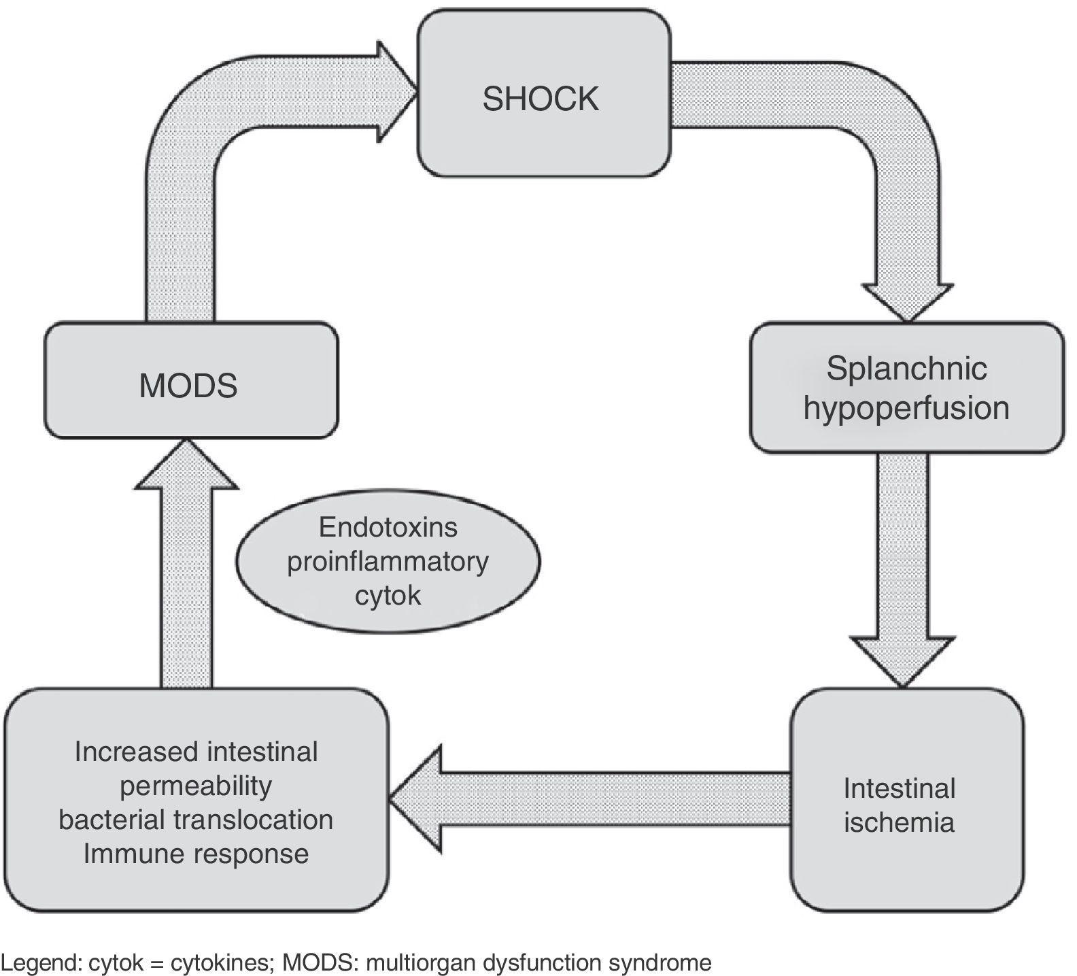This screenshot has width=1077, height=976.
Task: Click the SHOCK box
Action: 543,99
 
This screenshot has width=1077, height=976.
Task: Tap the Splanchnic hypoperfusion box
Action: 906,388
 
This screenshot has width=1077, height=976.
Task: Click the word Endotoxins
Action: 388,528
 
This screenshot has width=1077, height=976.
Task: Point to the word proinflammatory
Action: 388,562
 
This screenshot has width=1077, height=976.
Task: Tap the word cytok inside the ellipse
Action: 388,596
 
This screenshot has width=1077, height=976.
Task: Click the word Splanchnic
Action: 906,369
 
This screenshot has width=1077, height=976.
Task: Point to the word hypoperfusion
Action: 906,408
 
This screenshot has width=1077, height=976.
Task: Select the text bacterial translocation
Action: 196,820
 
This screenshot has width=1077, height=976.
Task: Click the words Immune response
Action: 196,854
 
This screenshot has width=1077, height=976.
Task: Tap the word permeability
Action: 196,786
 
